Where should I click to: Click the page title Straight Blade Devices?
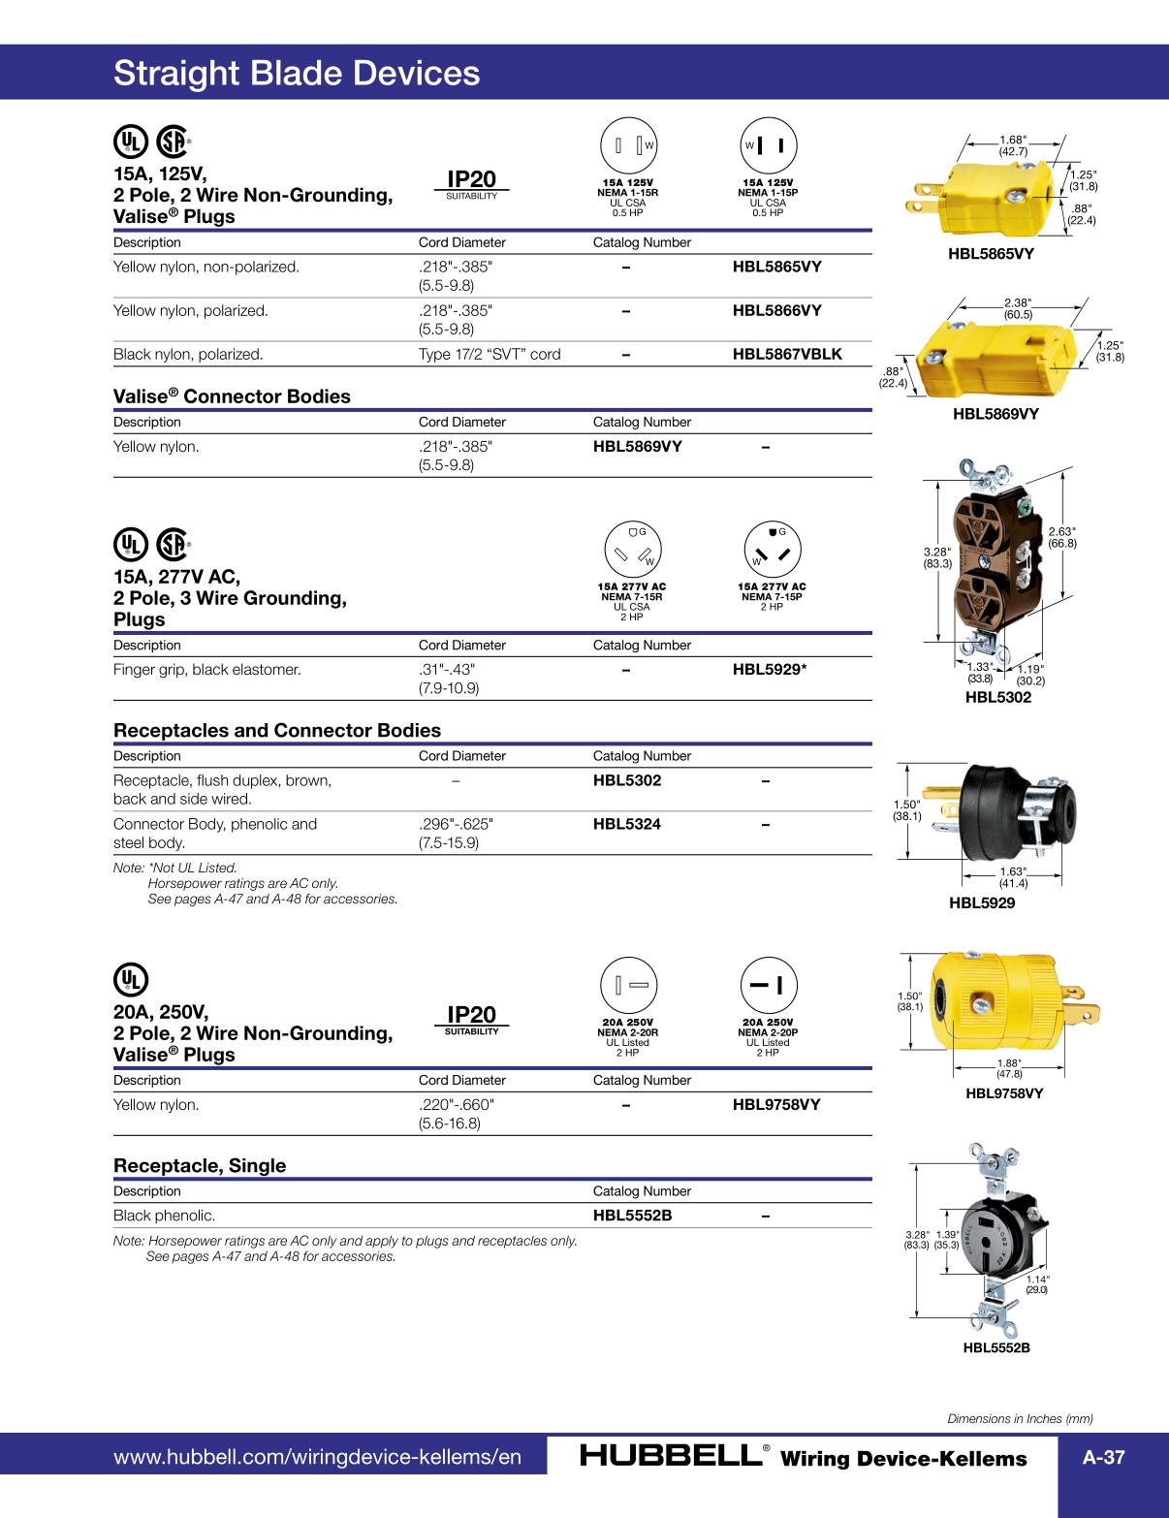[297, 74]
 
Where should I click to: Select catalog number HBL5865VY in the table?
[776, 267]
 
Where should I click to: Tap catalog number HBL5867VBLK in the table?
[787, 354]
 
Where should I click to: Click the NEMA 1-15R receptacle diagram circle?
[628, 146]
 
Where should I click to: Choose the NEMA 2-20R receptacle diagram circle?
[628, 985]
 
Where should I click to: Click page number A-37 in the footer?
[1103, 1457]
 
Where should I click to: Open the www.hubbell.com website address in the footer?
[317, 1457]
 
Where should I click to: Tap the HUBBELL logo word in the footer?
[670, 1455]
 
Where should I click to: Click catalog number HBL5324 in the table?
[627, 824]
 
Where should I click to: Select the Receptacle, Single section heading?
[200, 1165]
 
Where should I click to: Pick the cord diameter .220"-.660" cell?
[456, 1105]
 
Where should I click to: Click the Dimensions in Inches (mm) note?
[1020, 1418]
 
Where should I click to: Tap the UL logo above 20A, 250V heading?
[131, 980]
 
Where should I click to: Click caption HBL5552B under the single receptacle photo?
[996, 1347]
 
